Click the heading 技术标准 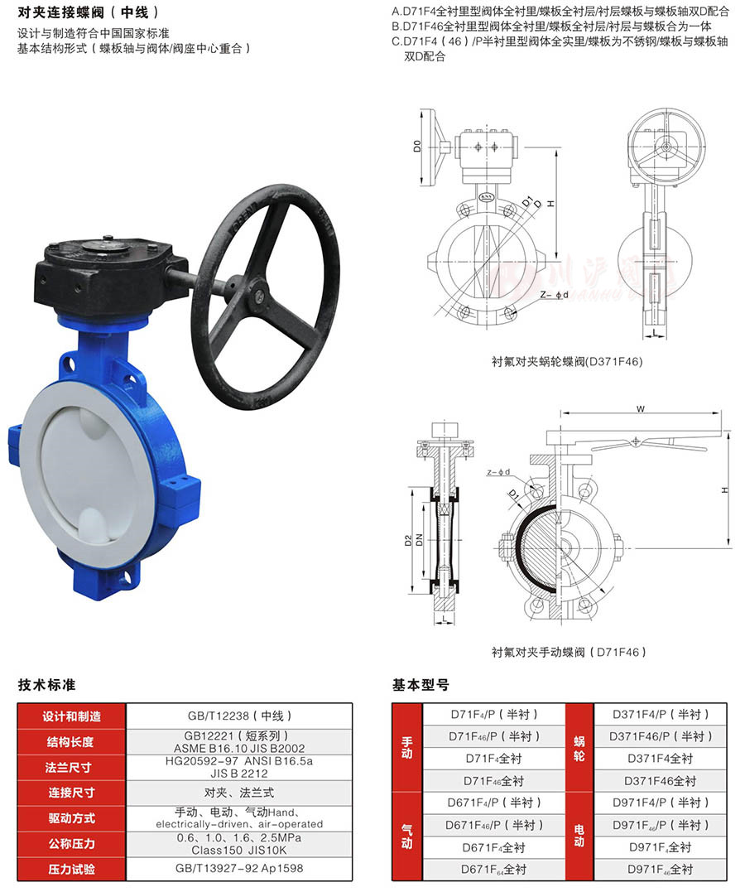click(46, 685)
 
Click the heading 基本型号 click(421, 685)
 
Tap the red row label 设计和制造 click(71, 716)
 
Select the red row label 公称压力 click(71, 844)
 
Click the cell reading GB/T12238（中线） click(239, 716)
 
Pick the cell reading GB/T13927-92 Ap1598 click(239, 869)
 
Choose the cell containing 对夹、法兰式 click(239, 793)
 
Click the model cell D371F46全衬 click(661, 781)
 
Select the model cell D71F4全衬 click(493, 759)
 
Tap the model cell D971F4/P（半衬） click(661, 803)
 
